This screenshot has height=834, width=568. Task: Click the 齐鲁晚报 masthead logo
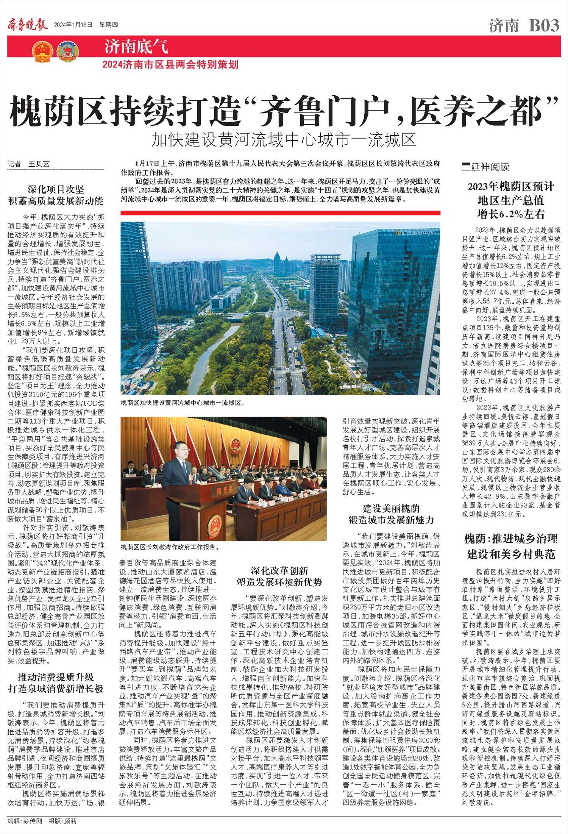[x=28, y=25]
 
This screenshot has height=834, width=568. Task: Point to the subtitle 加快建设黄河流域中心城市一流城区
[x=284, y=140]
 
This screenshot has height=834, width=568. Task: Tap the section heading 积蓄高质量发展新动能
[x=56, y=200]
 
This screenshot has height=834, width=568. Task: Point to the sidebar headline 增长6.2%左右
[x=511, y=214]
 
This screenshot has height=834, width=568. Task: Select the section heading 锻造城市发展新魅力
[x=391, y=520]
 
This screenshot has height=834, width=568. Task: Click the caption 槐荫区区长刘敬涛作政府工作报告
[x=170, y=547]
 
